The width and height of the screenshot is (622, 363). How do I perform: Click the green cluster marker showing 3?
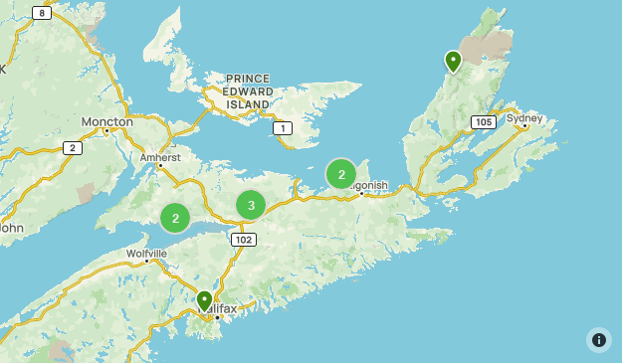(x=251, y=206)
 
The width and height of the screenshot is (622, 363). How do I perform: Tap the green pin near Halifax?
(x=204, y=300)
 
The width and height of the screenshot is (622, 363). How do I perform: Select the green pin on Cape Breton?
(x=453, y=62)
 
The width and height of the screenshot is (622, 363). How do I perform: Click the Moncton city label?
(x=106, y=121)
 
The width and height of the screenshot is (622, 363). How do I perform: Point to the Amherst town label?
(x=160, y=157)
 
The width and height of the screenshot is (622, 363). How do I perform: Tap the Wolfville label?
(x=146, y=254)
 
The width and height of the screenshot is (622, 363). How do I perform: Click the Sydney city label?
(x=524, y=118)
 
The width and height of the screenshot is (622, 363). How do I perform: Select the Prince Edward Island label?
(x=248, y=91)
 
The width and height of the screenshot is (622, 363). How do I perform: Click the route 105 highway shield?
(x=484, y=122)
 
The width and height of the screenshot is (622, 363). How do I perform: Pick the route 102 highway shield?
(x=243, y=240)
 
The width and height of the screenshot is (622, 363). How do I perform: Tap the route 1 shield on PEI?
(x=283, y=128)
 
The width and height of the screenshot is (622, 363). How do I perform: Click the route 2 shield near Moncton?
(x=71, y=147)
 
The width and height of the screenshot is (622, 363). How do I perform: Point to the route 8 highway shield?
(x=41, y=13)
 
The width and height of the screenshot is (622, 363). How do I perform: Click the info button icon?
(x=598, y=339)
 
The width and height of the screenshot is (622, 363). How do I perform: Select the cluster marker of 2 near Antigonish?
(x=341, y=175)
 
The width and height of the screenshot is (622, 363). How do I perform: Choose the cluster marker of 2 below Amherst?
(x=175, y=218)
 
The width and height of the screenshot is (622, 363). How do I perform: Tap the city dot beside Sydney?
(x=524, y=126)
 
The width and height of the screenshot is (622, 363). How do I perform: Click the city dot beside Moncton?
(x=106, y=130)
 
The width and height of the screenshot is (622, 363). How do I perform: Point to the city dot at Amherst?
(x=159, y=166)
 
